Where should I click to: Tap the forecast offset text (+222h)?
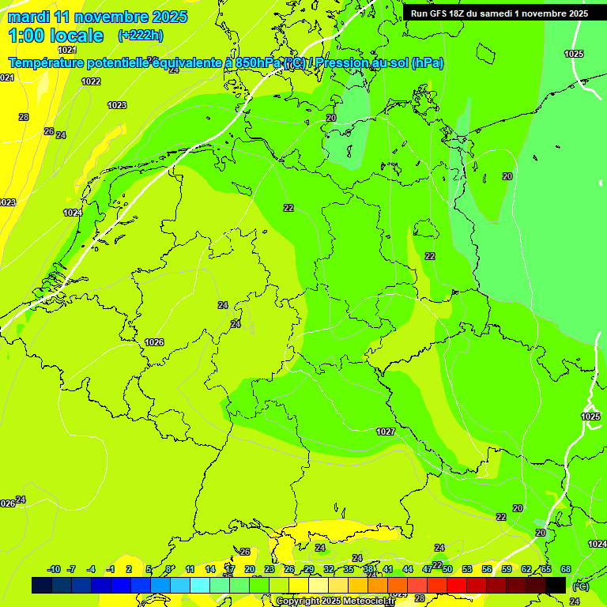pos(141,36)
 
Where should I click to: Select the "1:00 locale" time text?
pos(55,36)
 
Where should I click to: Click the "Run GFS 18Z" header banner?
pos(499,13)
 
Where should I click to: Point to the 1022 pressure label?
pos(91,81)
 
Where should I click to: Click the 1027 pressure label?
pos(386,432)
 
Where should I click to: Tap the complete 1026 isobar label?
pos(154,342)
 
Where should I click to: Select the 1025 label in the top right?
pos(574,54)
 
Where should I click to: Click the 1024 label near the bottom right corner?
pos(597,545)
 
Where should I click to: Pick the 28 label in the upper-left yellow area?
pos(24,117)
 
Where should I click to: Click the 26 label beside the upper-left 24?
pos(49,131)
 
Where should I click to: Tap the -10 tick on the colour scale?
pos(54,569)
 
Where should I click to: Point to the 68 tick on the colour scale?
pos(566,569)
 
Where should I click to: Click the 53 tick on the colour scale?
pos(466,569)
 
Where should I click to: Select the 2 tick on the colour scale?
pos(129,569)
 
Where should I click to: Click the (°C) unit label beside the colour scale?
pos(580,586)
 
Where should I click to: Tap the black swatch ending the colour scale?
pos(556,585)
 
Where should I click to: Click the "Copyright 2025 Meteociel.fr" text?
pos(334,601)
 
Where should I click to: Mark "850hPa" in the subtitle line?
pos(258,62)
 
